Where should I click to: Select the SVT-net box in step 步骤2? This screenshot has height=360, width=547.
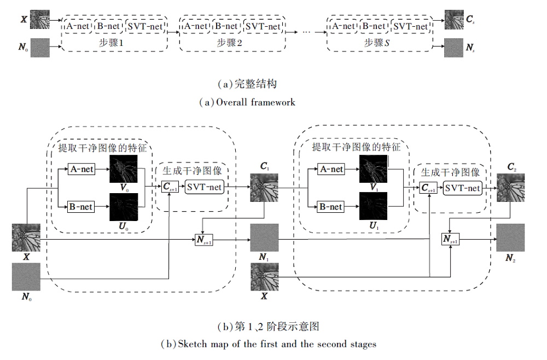tap(263, 26)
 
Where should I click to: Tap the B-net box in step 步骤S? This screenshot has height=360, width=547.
tap(374, 26)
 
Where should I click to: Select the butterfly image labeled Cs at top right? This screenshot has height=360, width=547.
tap(453, 19)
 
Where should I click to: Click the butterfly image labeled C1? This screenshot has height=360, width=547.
tap(264, 189)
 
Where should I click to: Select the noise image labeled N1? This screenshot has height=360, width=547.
tap(264, 239)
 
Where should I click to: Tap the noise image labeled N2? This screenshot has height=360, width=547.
tap(510, 239)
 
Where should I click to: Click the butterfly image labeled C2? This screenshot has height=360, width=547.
tap(510, 189)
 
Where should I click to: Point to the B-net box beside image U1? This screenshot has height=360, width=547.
tap(331, 207)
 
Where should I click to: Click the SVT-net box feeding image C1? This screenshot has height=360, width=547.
tap(204, 187)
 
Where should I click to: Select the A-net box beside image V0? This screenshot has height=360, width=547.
tap(81, 170)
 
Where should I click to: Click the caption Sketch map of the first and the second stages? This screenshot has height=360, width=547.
tap(268, 344)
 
